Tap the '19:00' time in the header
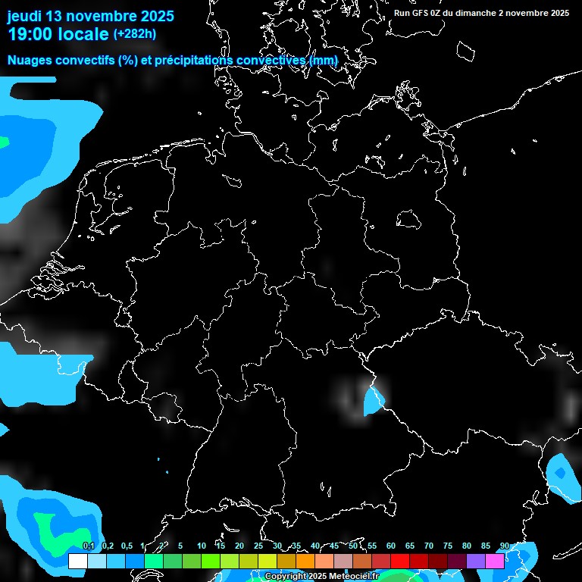30,34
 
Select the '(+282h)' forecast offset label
135,33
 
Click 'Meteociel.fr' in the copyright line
353,576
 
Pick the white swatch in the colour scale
77,561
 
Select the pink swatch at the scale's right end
494,561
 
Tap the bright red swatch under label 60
399,561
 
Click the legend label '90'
504,546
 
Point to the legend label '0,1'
88,546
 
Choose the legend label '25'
258,546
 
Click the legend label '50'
353,546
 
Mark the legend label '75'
448,546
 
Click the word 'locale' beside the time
87,34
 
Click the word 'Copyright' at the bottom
286,576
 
